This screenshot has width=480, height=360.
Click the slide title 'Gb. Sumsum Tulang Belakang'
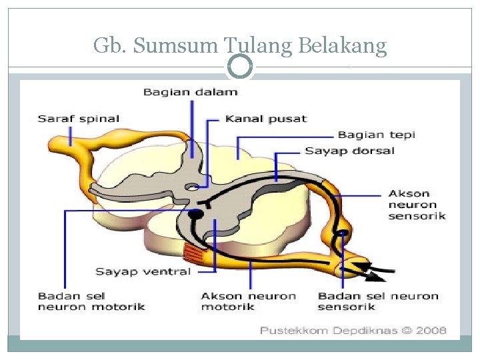point(240,45)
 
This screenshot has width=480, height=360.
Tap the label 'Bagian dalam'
point(190,91)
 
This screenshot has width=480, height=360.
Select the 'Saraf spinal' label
point(78,119)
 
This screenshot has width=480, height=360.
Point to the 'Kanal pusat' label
point(266,119)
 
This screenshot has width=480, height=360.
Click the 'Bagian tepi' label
point(377,135)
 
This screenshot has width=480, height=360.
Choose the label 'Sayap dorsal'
point(349,151)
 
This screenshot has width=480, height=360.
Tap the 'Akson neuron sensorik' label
point(417,205)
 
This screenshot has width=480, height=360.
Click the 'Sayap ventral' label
point(143,271)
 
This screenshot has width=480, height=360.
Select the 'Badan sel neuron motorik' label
point(91,301)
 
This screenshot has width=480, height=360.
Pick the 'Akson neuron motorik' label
point(249,301)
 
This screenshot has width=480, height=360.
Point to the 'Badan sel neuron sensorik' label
point(378,301)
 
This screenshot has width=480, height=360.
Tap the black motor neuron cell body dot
point(195,215)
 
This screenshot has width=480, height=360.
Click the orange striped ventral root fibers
point(195,252)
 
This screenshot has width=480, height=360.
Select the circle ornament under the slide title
point(240,67)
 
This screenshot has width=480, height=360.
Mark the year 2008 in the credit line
point(433,329)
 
